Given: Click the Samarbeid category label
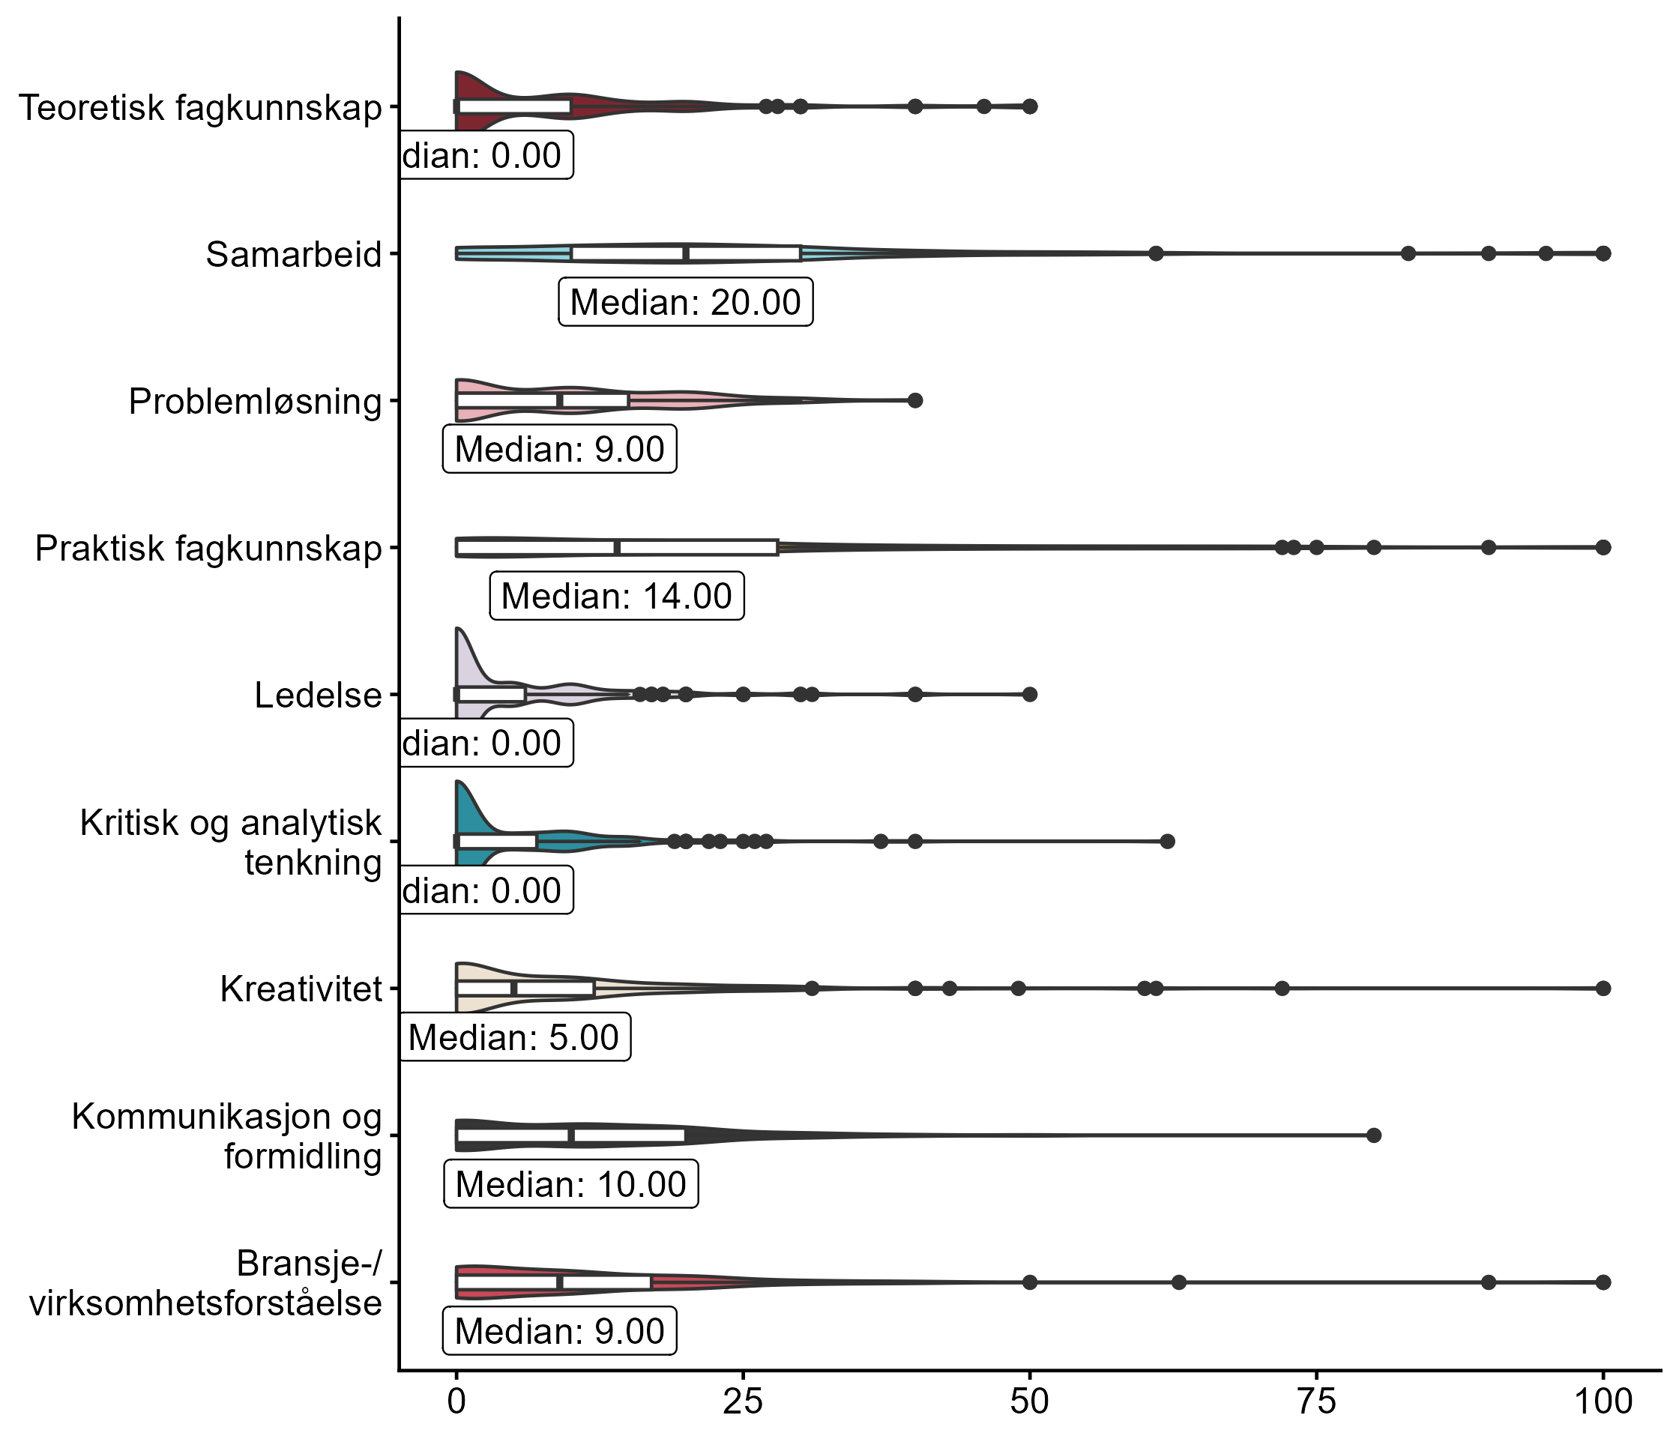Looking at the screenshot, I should pos(293,254).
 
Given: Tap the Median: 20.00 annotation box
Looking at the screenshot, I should pos(686,302).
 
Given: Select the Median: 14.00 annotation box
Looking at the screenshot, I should pos(617,597).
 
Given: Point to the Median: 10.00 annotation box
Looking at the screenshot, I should pos(570,1185).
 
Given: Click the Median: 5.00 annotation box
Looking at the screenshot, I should pos(513,1038).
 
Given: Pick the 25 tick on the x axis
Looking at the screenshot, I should pos(743,1402).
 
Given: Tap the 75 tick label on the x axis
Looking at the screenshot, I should pos(1316,1402).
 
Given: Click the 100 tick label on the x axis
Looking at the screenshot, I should pos(1602,1402).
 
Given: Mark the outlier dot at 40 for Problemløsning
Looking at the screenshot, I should pos(915,400).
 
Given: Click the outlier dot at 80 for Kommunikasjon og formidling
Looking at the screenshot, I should pos(1373,1135).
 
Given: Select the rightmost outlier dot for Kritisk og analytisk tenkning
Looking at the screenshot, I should pos(1167,841).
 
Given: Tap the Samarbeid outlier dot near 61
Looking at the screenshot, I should pos(1156,253).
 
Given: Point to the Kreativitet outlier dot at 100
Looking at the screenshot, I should pos(1603,989).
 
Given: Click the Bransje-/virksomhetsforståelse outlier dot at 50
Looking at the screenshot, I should pos(1029,1282).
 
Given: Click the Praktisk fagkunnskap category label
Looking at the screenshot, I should pos(208,549).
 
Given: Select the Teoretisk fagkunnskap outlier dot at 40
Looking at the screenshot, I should pos(915,106).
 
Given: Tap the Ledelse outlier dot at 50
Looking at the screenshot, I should pos(1029,694).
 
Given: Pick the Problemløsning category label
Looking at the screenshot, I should pos(254,402).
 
